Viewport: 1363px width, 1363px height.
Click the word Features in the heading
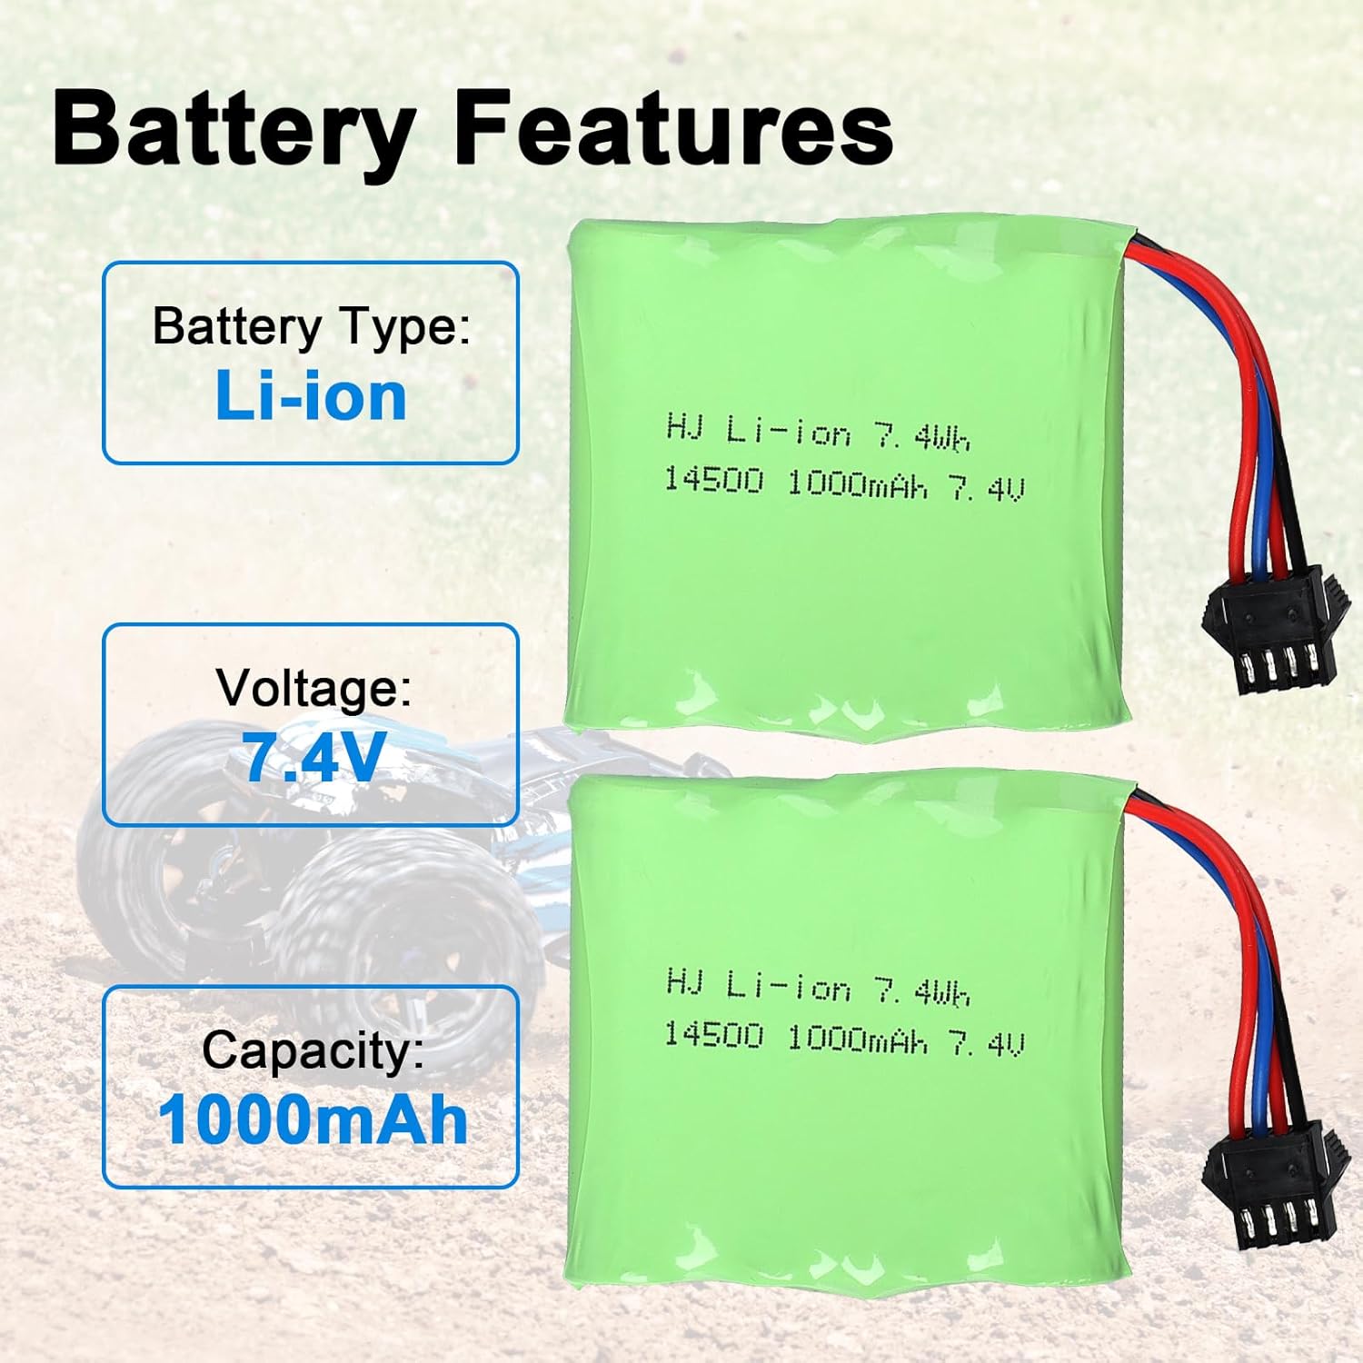(672, 130)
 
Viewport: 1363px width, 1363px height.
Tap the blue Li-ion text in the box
(311, 397)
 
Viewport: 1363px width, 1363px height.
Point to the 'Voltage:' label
(313, 687)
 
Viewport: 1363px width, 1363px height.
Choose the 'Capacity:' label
(313, 1050)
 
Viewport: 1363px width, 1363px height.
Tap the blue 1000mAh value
(313, 1119)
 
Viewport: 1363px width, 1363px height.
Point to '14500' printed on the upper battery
(713, 480)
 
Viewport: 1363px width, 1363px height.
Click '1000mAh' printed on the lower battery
(856, 1039)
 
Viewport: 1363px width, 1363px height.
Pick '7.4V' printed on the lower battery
(987, 1043)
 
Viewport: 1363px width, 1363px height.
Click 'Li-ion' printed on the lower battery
(788, 986)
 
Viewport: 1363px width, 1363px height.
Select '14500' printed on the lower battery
(713, 1034)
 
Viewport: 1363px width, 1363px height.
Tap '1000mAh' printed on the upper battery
(856, 484)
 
